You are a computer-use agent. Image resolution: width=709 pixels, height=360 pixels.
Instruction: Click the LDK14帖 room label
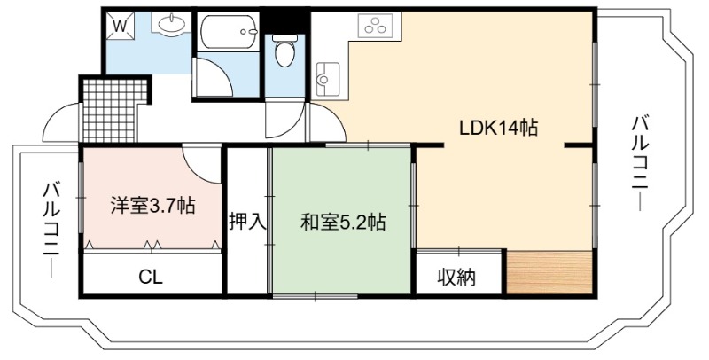498,128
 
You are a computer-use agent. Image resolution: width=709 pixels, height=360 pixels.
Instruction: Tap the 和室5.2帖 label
343,222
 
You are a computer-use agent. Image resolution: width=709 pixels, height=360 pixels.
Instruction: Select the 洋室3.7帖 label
152,206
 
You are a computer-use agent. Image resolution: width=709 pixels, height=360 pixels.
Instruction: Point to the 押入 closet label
247,222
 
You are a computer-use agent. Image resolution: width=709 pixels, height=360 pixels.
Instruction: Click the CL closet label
151,278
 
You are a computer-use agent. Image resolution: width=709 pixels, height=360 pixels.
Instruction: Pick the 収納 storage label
456,277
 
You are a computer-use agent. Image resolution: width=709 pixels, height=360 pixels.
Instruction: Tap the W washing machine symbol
120,27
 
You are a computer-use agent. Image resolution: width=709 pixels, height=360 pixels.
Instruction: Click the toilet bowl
284,51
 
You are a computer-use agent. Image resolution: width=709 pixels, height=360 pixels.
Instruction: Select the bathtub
229,32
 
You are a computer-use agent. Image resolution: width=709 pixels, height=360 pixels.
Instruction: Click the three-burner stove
375,25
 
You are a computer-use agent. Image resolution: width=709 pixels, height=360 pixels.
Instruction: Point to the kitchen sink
328,79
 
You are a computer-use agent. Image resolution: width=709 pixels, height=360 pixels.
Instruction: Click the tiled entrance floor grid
114,110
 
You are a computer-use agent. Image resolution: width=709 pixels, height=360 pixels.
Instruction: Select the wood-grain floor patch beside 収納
549,272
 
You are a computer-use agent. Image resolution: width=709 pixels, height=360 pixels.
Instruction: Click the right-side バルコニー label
641,163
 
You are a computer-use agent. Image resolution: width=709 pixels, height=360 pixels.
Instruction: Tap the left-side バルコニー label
51,230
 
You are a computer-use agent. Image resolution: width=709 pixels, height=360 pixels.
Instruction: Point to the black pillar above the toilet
284,20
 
